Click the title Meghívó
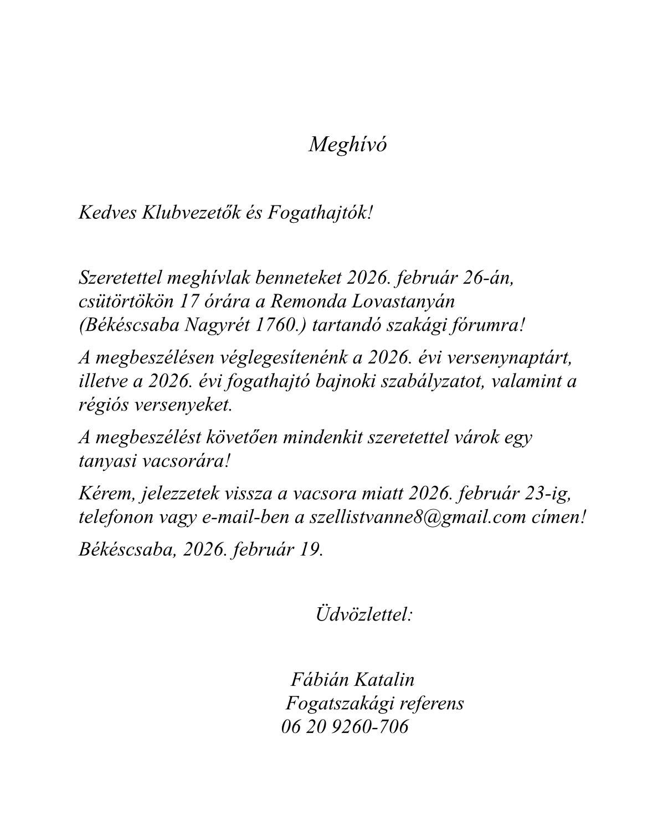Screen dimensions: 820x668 (x=347, y=145)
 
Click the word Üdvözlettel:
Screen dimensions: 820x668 (x=364, y=614)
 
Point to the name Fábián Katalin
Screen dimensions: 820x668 (x=352, y=680)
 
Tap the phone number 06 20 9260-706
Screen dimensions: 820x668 (x=345, y=727)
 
